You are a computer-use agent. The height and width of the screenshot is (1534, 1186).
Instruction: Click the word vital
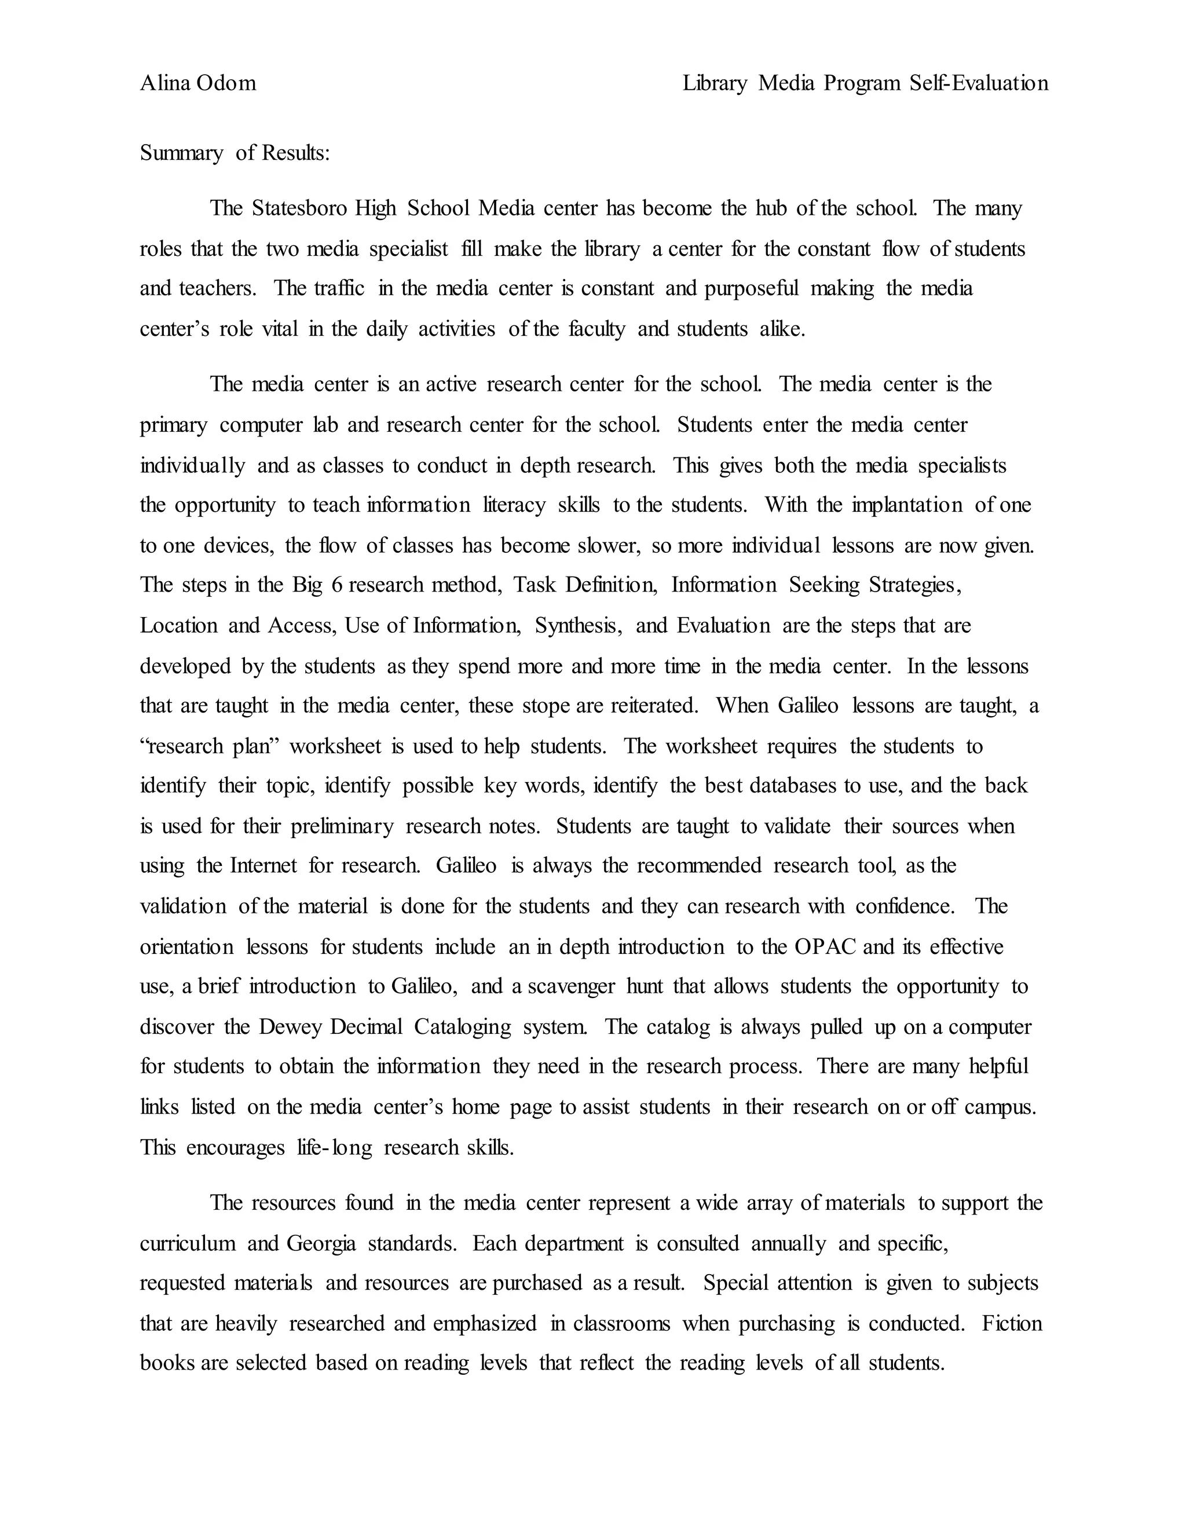point(280,329)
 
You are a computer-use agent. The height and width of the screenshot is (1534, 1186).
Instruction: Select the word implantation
point(906,505)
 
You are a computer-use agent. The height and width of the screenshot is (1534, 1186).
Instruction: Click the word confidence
point(905,906)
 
